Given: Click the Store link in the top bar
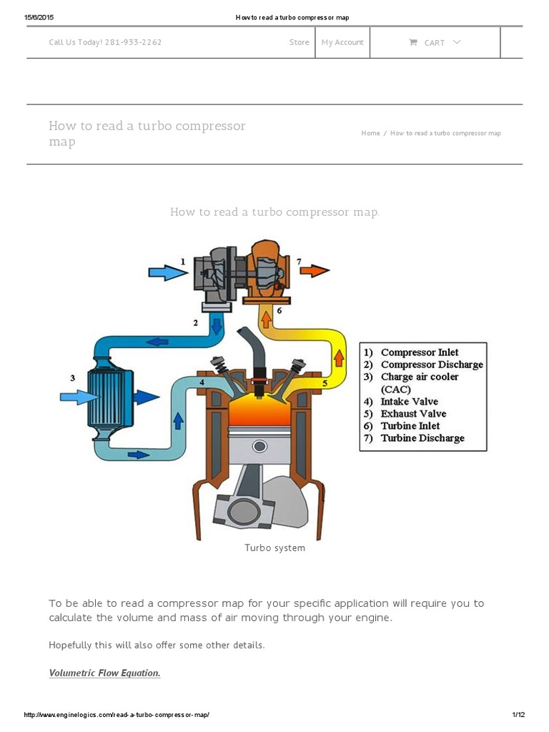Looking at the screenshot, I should (x=299, y=42).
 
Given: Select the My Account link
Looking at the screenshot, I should (x=342, y=42).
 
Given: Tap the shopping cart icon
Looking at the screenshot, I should (x=413, y=42).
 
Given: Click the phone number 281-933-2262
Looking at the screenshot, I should (x=133, y=42).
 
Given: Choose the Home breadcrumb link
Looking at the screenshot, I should (x=370, y=134).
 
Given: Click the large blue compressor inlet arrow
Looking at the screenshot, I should (x=164, y=273).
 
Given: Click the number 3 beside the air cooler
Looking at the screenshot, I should (x=72, y=377).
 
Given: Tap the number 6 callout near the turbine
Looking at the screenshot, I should (x=279, y=310).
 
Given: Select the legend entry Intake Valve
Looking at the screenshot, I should (x=409, y=402).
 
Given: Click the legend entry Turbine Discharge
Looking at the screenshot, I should (x=422, y=438).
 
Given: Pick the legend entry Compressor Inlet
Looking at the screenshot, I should (x=420, y=352).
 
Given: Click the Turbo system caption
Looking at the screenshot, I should (x=274, y=548).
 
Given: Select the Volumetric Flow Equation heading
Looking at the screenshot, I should (x=104, y=673).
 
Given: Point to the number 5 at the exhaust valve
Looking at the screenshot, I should (x=325, y=384).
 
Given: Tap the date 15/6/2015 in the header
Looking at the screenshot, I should (x=39, y=17).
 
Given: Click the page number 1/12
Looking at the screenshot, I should (x=518, y=715).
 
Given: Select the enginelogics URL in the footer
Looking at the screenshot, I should (x=117, y=715).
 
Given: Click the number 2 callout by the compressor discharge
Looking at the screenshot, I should (x=195, y=323).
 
